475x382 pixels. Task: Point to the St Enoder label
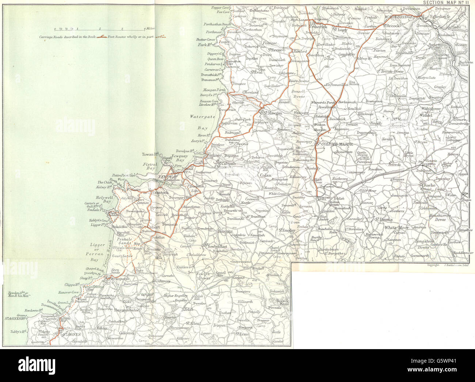click(x=287, y=230)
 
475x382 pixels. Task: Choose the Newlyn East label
click(x=218, y=247)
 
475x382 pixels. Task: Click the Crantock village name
click(x=159, y=192)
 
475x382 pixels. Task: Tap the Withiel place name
click(x=426, y=115)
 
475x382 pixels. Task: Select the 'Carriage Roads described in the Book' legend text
click(x=69, y=37)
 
